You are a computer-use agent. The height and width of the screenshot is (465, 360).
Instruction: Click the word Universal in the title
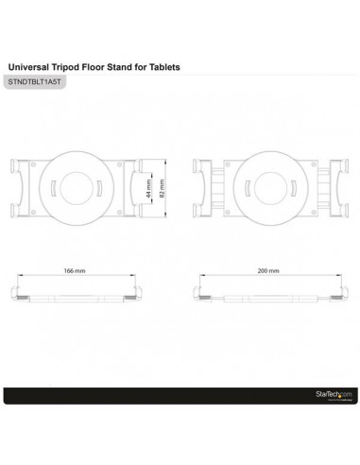(28, 68)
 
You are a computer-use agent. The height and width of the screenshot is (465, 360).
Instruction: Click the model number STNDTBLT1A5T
(34, 84)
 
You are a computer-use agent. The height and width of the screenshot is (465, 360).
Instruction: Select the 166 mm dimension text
(90, 270)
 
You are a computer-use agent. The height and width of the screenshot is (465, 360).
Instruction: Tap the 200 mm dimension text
(268, 270)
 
